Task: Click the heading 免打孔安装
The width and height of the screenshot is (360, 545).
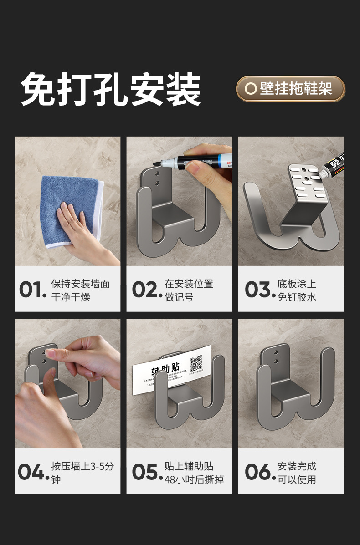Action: pyautogui.click(x=111, y=89)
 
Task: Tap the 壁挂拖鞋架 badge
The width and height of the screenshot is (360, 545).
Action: pyautogui.click(x=290, y=89)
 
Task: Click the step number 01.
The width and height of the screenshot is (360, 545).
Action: pyautogui.click(x=32, y=290)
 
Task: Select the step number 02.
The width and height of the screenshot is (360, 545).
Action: pyautogui.click(x=146, y=290)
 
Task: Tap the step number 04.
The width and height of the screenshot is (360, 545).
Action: pyautogui.click(x=32, y=472)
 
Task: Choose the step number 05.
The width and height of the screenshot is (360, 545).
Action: pyautogui.click(x=146, y=472)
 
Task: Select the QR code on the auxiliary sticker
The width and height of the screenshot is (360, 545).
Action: pyautogui.click(x=196, y=363)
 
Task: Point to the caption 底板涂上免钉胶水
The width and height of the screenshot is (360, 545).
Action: pyautogui.click(x=297, y=290)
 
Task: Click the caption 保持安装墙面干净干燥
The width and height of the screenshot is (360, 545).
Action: pyautogui.click(x=80, y=290)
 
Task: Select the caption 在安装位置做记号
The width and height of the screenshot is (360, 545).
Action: pyautogui.click(x=189, y=290)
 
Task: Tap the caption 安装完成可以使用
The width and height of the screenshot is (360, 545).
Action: pyautogui.click(x=297, y=473)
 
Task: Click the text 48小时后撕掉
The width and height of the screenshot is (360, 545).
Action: pyautogui.click(x=194, y=479)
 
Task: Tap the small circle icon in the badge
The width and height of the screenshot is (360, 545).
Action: pyautogui.click(x=250, y=89)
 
